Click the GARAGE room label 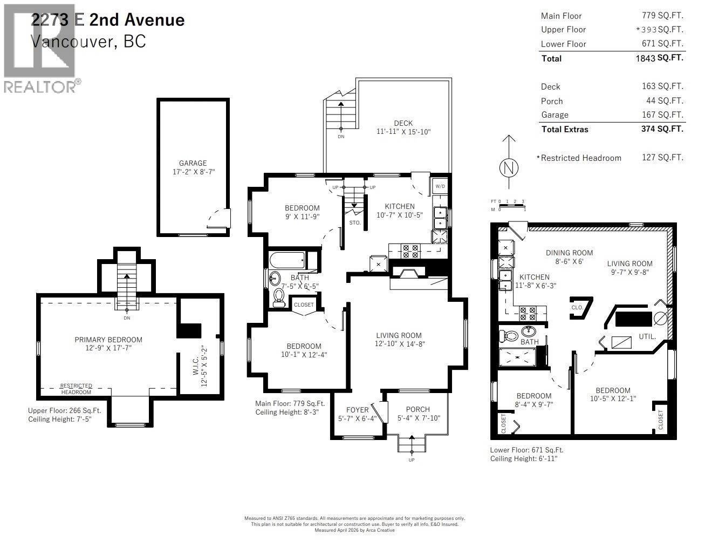(x=193, y=163)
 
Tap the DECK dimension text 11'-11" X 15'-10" (x=403, y=132)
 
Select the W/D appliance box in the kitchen (x=440, y=186)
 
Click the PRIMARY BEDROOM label (x=108, y=340)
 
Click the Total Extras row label (x=564, y=129)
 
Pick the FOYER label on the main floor (x=357, y=410)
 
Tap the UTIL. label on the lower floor (x=647, y=336)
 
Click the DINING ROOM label (x=569, y=253)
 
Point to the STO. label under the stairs (x=354, y=222)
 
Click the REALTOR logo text (x=40, y=86)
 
